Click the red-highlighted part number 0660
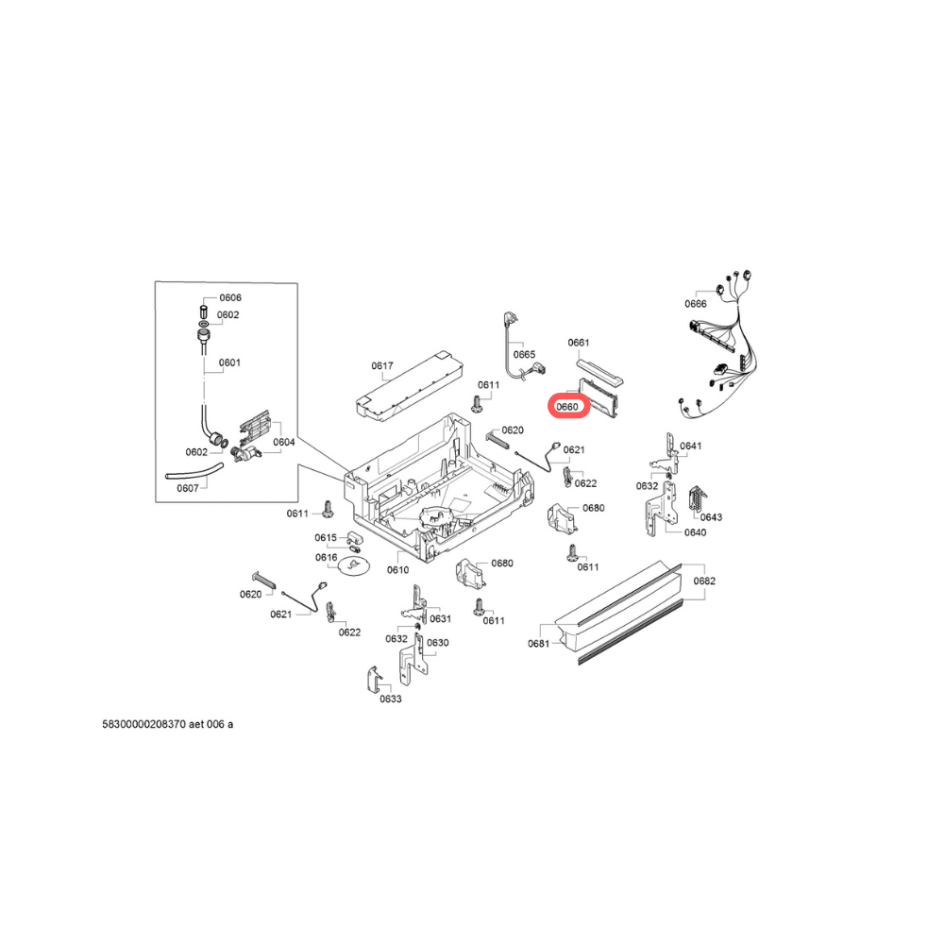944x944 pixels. point(567,407)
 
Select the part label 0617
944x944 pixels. point(382,365)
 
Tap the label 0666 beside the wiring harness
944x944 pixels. point(696,303)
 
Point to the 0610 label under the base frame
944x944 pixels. point(398,569)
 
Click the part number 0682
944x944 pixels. point(704,581)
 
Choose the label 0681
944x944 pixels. point(539,644)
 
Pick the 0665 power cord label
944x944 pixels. point(524,355)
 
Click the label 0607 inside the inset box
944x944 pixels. point(188,488)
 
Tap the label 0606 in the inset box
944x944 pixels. point(230,297)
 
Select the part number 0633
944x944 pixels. point(391,699)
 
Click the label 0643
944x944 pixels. point(711,517)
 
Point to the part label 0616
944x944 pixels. point(327,558)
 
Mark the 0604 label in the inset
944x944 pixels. point(284,442)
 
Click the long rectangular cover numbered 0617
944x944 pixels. point(411,386)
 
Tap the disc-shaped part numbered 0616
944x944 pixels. point(353,565)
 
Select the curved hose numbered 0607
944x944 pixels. point(194,472)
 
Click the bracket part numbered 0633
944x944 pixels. point(373,680)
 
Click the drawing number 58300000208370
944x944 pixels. point(143,724)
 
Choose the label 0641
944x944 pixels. point(691,447)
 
